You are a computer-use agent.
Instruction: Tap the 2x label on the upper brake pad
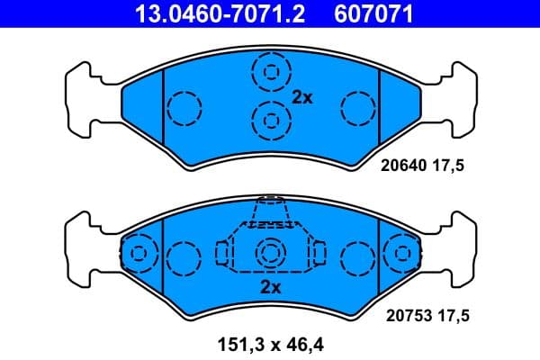point(302,98)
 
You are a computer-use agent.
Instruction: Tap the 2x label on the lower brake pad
point(270,288)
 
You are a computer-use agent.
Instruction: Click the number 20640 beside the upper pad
point(402,166)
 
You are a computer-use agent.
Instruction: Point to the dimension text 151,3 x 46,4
point(270,342)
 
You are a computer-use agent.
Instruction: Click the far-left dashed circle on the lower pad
point(138,253)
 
